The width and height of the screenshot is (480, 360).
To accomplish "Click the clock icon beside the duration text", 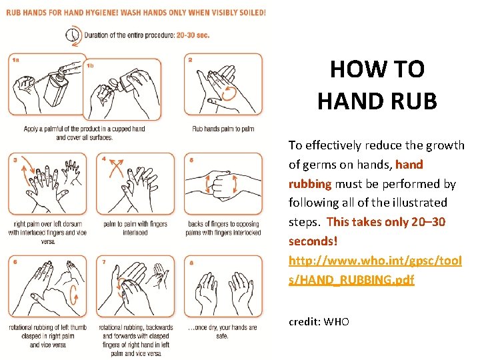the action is coord(72,35).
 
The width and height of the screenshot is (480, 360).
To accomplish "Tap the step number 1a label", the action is coord(15,60).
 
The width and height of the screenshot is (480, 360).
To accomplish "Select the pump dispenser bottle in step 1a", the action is coord(57,87).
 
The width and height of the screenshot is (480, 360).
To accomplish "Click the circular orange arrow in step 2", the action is coord(229,93).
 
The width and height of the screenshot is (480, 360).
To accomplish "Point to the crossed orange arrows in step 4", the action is coord(116,169).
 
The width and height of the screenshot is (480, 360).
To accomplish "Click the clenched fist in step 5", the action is coord(222,185).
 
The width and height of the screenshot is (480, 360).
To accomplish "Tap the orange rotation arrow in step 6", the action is coord(74,295).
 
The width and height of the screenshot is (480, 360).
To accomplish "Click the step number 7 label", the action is coord(104,262).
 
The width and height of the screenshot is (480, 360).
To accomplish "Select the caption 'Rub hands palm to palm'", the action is coord(223,129).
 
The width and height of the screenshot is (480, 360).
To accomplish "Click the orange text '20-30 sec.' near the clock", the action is coord(193,35).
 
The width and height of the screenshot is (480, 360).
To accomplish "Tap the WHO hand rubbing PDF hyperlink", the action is coord(375,270).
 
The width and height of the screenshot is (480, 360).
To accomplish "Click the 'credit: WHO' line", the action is coord(319,322).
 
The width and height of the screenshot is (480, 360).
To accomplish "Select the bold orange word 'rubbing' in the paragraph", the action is coord(310,184).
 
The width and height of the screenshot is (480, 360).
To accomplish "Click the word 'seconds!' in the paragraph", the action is coord(313,241).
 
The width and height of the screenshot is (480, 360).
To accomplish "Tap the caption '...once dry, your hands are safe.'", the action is coord(223,331).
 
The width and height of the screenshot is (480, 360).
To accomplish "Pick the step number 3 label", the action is coord(15,159).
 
